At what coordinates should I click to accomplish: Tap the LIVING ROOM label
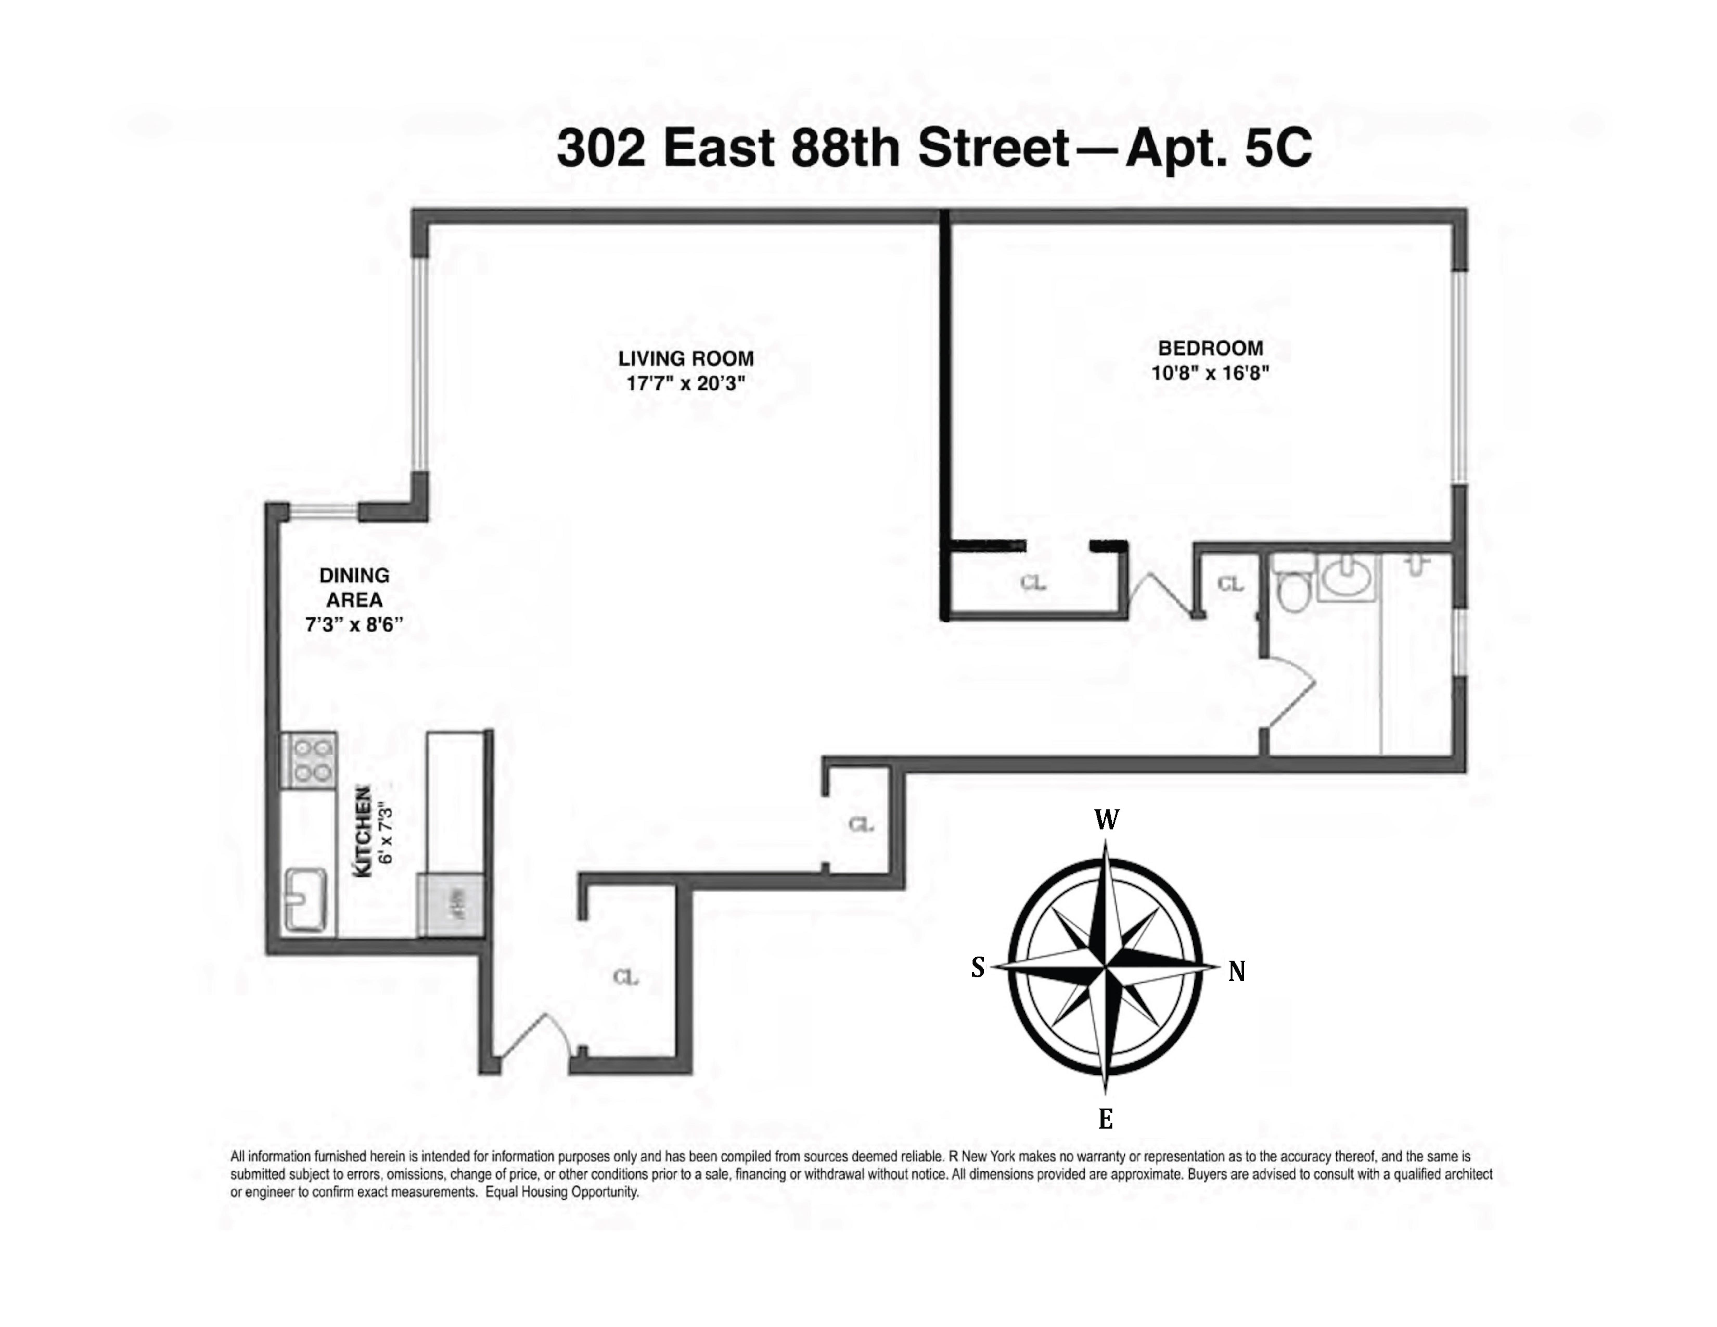tap(685, 359)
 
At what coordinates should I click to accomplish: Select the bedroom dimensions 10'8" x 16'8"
tap(1210, 373)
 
